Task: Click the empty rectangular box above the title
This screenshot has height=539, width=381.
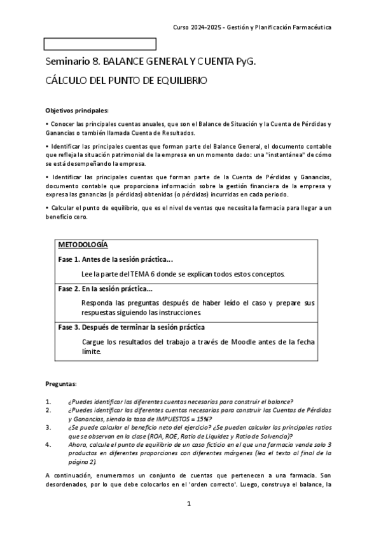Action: pyautogui.click(x=100, y=44)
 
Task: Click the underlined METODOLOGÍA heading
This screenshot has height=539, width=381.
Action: pyautogui.click(x=83, y=245)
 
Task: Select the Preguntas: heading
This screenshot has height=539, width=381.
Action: pyautogui.click(x=62, y=385)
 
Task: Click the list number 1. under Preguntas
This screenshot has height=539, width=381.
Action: pyautogui.click(x=49, y=401)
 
